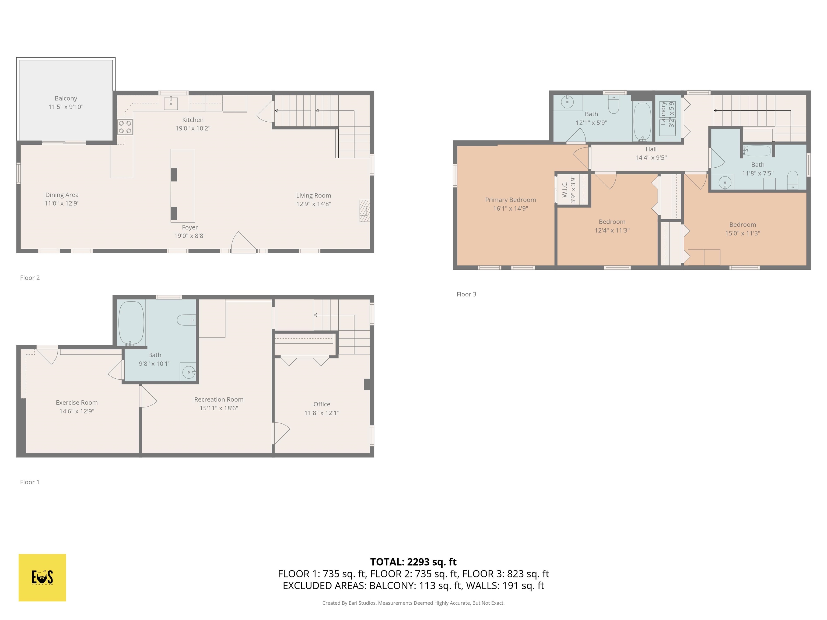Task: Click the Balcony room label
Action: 66,98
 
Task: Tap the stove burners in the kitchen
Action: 125,127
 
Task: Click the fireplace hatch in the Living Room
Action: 365,211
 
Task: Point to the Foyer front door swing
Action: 243,242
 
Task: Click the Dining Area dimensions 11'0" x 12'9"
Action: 62,203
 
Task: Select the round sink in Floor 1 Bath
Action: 189,372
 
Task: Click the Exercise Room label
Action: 77,403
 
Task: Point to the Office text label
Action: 321,404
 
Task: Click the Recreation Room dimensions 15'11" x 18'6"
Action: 219,408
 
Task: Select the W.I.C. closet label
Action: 565,189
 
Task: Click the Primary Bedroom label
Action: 510,200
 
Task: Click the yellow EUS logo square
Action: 42,577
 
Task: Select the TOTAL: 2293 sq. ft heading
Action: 413,562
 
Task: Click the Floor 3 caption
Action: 466,294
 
